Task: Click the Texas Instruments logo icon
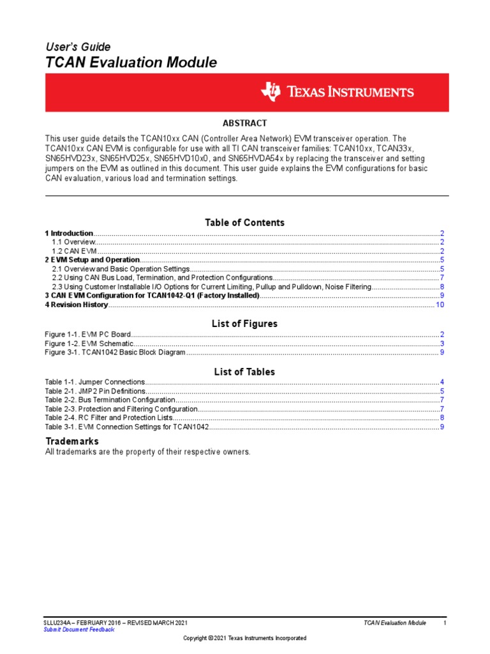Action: tap(271, 92)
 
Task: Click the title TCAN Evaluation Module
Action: tap(131, 63)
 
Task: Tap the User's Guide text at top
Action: tap(77, 47)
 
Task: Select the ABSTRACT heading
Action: tap(244, 123)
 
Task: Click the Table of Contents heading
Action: tap(244, 222)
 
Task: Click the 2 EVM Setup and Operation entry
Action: tap(92, 260)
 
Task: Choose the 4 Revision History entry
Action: tap(77, 305)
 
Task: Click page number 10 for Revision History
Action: tap(440, 305)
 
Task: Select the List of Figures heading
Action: tap(244, 324)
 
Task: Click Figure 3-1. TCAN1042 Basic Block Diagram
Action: tap(115, 353)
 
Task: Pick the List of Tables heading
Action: tap(244, 372)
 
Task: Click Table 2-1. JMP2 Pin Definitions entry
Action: tap(95, 391)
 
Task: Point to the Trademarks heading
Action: tap(72, 441)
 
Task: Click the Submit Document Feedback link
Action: tap(78, 629)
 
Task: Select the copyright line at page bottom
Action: tap(244, 638)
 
